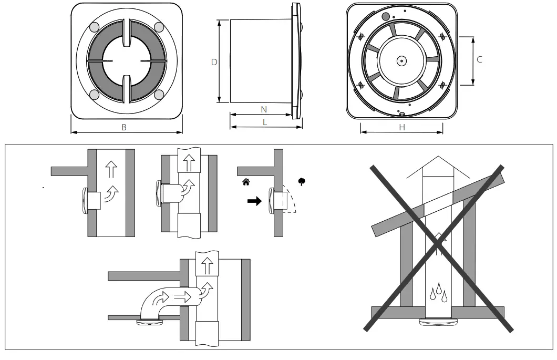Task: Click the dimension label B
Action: pyautogui.click(x=124, y=128)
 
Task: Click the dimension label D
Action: pyautogui.click(x=214, y=62)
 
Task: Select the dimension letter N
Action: pyautogui.click(x=264, y=109)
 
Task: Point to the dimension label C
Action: pyautogui.click(x=479, y=60)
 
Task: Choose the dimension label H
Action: pyautogui.click(x=402, y=127)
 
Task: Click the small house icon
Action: pyautogui.click(x=245, y=182)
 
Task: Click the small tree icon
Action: pyautogui.click(x=302, y=182)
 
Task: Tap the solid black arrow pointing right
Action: pyautogui.click(x=254, y=202)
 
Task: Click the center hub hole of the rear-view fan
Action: pyautogui.click(x=401, y=61)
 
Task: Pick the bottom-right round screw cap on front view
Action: pyautogui.click(x=158, y=95)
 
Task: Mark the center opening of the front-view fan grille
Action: pyautogui.click(x=126, y=61)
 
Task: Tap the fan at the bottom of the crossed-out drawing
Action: pyautogui.click(x=438, y=322)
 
